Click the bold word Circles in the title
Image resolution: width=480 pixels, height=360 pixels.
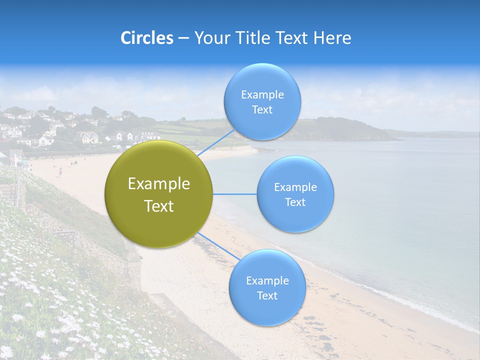pos(146,38)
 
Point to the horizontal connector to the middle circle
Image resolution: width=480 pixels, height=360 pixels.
pos(234,194)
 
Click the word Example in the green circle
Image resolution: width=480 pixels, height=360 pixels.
pos(159,184)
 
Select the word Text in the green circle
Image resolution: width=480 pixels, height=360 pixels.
pos(159,206)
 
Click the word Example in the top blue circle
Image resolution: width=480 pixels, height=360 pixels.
pos(262,95)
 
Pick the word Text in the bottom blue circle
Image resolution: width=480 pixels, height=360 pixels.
pos(267,296)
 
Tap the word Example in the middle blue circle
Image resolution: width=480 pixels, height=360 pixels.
pos(295,187)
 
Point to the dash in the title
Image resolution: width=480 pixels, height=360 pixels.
pos(183,38)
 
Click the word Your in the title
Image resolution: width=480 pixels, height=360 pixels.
pos(210,38)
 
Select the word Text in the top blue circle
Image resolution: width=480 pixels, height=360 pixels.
pos(262,110)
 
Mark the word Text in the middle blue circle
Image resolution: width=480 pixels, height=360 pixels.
pos(295,202)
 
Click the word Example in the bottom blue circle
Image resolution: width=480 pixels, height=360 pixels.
pos(267,281)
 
